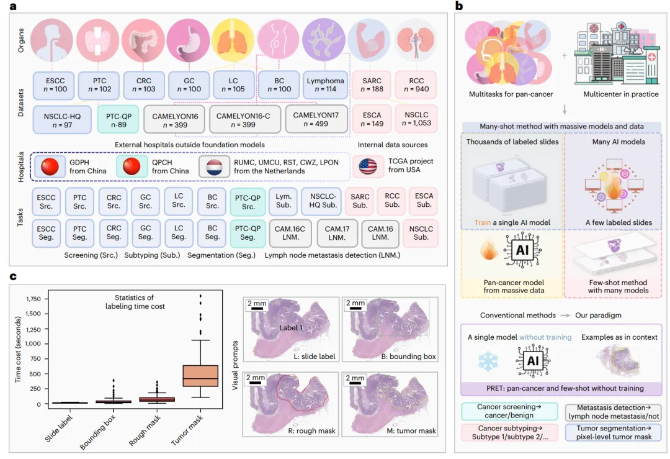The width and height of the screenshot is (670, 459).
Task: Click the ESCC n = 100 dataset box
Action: tap(60, 84)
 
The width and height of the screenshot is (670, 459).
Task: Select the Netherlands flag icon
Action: tap(212, 166)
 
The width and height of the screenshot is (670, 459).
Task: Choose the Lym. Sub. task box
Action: tap(300, 200)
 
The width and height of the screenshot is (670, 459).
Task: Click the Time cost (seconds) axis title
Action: tap(19, 352)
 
